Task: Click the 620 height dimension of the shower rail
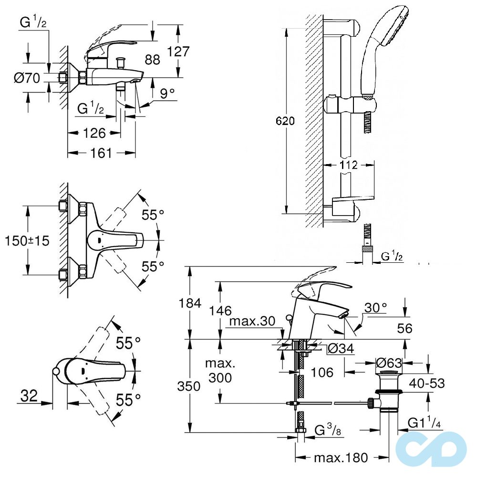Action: [x=285, y=121]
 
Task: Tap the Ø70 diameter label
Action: [x=27, y=78]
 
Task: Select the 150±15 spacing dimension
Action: [x=27, y=241]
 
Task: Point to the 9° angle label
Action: [x=167, y=94]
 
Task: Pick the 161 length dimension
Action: [x=101, y=153]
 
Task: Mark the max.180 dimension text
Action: [x=341, y=458]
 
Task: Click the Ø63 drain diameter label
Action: [x=389, y=363]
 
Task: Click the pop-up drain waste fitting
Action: [x=391, y=394]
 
